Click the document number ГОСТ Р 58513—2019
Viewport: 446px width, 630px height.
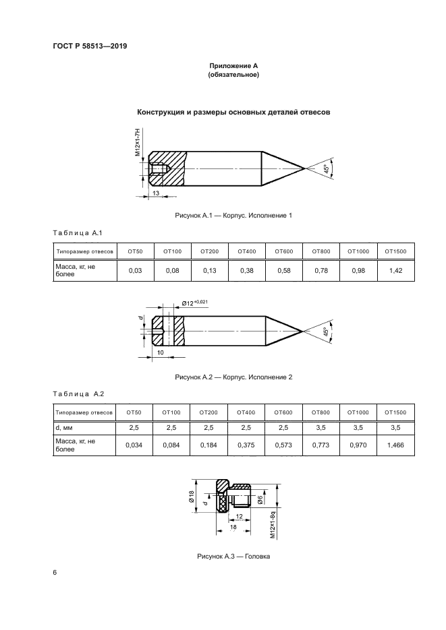pyautogui.click(x=89, y=46)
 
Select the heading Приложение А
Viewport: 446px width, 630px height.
pyautogui.click(x=233, y=66)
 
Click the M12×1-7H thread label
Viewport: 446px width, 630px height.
pyautogui.click(x=138, y=143)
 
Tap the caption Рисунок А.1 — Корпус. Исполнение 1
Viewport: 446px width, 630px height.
pyautogui.click(x=233, y=216)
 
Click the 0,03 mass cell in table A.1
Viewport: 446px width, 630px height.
pyautogui.click(x=136, y=270)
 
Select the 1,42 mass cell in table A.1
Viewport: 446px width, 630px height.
pyautogui.click(x=396, y=270)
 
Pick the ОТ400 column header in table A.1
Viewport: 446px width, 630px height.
pyautogui.click(x=247, y=251)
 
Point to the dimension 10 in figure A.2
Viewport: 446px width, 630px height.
pyautogui.click(x=160, y=352)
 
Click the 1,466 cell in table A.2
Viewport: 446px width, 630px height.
pyautogui.click(x=396, y=445)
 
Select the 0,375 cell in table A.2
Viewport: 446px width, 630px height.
pyautogui.click(x=247, y=445)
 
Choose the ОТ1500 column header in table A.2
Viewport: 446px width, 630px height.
pyautogui.click(x=396, y=411)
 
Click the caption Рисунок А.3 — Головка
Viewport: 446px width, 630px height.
pyautogui.click(x=233, y=557)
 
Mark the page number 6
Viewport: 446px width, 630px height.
pyautogui.click(x=55, y=573)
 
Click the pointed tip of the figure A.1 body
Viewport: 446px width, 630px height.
pyautogui.click(x=305, y=168)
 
